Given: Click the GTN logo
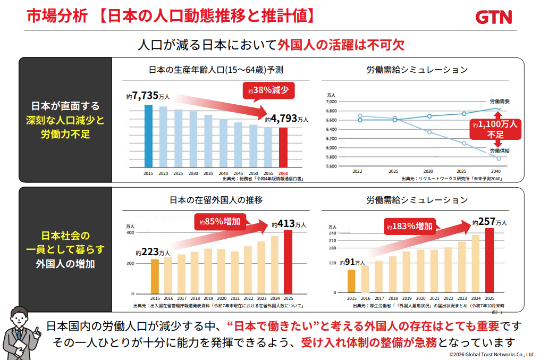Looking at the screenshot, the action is pyautogui.click(x=494, y=17).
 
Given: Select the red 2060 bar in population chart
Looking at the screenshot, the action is pyautogui.click(x=283, y=147).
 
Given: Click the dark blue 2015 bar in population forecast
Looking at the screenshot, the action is pyautogui.click(x=148, y=136).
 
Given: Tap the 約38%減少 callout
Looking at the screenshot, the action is pyautogui.click(x=268, y=90).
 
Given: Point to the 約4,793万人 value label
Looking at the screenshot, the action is pyautogui.click(x=286, y=119).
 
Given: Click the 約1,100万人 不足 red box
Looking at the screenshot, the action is pyautogui.click(x=495, y=129).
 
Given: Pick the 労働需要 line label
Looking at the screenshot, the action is pyautogui.click(x=500, y=101).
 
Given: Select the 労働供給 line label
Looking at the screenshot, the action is pyautogui.click(x=500, y=151).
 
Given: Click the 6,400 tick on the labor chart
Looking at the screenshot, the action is pyautogui.click(x=331, y=130).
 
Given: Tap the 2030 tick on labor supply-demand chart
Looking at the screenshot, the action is pyautogui.click(x=428, y=171).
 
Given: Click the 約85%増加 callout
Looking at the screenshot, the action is pyautogui.click(x=220, y=222).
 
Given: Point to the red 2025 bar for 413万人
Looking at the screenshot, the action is pyautogui.click(x=288, y=262).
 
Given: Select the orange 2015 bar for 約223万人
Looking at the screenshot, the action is pyautogui.click(x=155, y=277).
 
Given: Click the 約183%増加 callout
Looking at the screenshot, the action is pyautogui.click(x=410, y=227).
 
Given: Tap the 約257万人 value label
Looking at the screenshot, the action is pyautogui.click(x=490, y=222).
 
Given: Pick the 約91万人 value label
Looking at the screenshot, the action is pyautogui.click(x=352, y=263).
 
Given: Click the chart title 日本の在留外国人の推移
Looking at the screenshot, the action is pyautogui.click(x=216, y=200).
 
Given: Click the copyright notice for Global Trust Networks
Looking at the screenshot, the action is pyautogui.click(x=492, y=355).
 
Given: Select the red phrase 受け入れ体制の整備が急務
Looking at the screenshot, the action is pyautogui.click(x=369, y=342).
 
